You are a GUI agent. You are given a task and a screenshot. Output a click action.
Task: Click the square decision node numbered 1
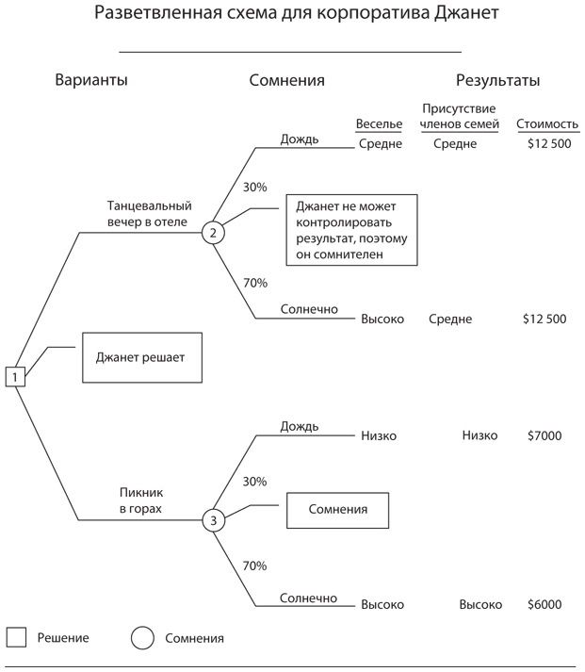click(x=15, y=377)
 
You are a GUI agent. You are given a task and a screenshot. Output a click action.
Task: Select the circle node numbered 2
click(x=213, y=232)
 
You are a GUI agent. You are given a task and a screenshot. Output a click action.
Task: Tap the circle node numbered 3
click(x=213, y=520)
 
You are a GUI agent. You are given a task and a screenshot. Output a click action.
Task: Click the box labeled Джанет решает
click(x=141, y=357)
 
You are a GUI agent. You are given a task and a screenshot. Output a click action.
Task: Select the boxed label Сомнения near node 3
click(x=337, y=511)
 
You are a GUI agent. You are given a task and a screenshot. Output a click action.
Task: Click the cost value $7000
click(x=544, y=435)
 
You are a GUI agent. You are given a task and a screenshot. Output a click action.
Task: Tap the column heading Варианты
click(x=91, y=81)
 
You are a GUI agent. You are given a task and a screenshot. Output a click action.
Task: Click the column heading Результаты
click(x=498, y=81)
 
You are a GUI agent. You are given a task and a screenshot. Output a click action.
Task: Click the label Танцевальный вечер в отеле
click(x=150, y=214)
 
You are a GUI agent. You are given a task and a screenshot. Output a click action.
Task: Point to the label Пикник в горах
click(x=141, y=500)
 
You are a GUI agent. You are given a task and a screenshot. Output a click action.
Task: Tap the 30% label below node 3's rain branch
click(x=254, y=481)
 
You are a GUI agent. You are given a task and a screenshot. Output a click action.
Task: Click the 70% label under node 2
click(x=254, y=283)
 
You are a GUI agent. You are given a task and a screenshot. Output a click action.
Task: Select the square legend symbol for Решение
click(x=16, y=637)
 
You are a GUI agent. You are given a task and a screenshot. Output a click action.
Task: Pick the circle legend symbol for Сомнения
click(x=142, y=637)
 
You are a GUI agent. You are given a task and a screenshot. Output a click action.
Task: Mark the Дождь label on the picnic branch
click(x=299, y=426)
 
